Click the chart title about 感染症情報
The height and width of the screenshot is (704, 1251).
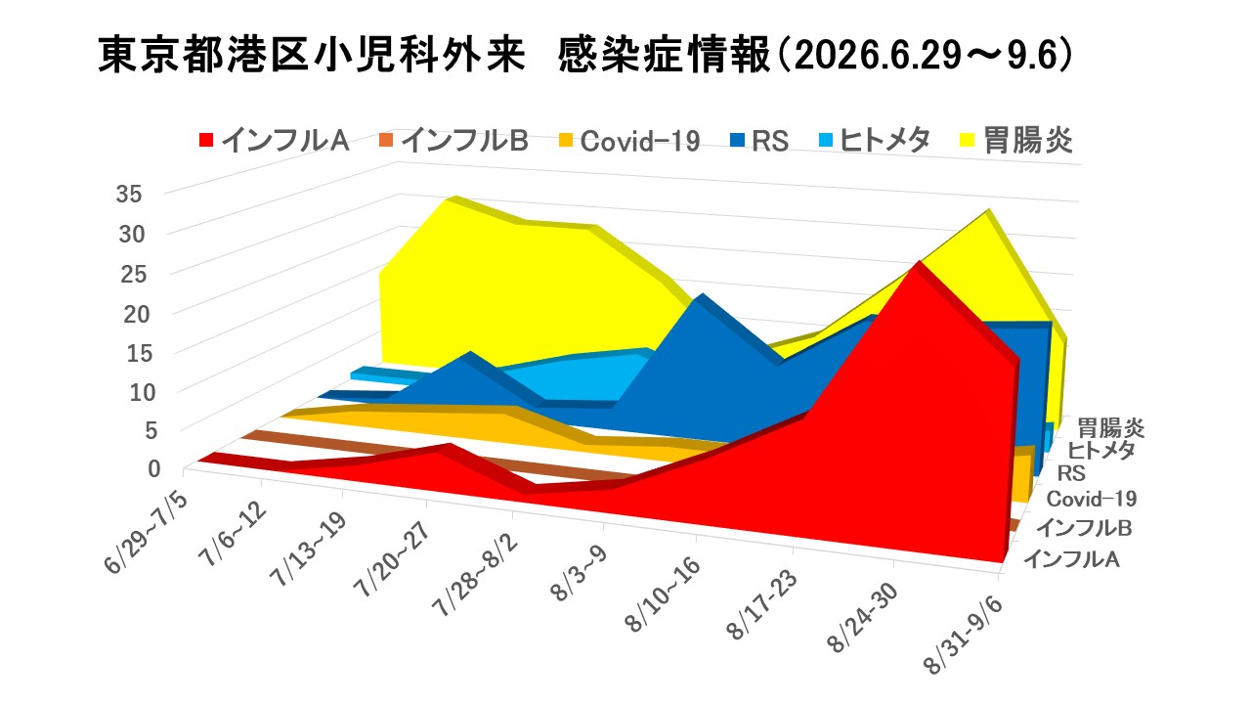click(x=585, y=55)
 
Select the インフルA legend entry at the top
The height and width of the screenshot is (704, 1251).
click(x=275, y=140)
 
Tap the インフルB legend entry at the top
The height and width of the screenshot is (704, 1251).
click(x=453, y=140)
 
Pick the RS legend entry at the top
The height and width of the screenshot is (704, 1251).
click(x=759, y=140)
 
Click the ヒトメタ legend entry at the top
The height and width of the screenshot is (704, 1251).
click(x=875, y=140)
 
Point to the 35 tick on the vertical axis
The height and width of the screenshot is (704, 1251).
click(x=129, y=194)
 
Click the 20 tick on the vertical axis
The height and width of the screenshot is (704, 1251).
click(x=137, y=315)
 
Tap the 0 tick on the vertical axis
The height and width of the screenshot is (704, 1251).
click(x=154, y=468)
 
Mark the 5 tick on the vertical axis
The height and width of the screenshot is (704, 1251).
click(x=151, y=431)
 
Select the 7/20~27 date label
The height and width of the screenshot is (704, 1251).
click(x=394, y=559)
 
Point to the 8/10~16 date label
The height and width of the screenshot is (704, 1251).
click(x=664, y=594)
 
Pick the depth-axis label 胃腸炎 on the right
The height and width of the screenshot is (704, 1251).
click(x=1110, y=428)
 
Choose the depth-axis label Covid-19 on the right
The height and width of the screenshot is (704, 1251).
click(x=1092, y=499)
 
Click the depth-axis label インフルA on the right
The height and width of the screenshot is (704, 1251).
click(x=1072, y=558)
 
